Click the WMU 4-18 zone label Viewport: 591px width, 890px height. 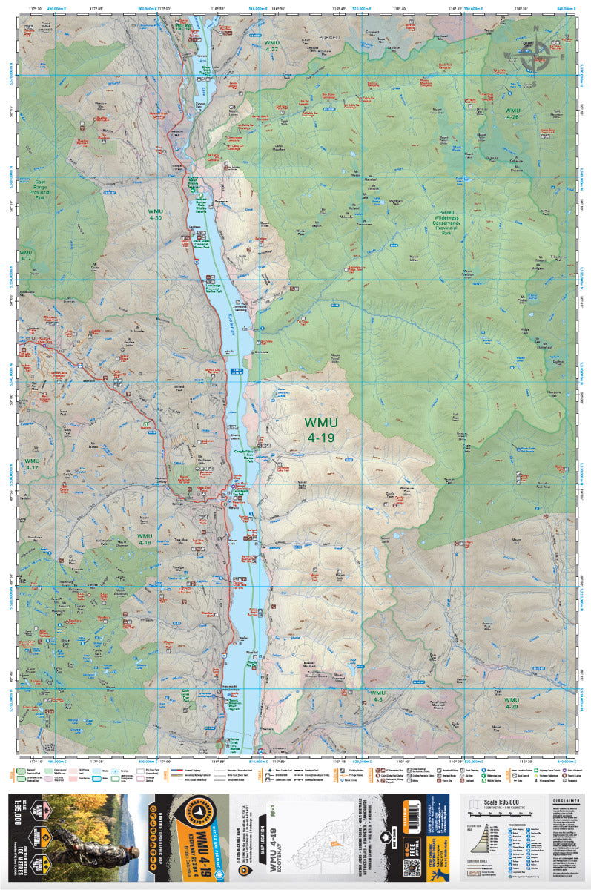pos(144,538)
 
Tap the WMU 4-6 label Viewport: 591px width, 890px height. pos(377,696)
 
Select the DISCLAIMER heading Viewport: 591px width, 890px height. pos(565,800)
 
